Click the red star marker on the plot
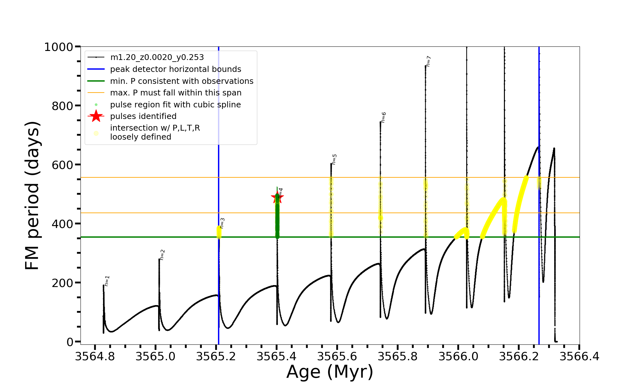tap(277, 197)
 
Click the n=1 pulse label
tap(107, 281)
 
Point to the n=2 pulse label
tap(162, 254)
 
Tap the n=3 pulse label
tap(222, 223)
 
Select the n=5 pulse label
tap(334, 159)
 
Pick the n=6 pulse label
tap(383, 117)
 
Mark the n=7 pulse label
tap(429, 61)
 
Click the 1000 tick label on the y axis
tap(58, 47)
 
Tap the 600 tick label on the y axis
tap(62, 165)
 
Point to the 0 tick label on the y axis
tap(70, 342)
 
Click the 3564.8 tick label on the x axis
tap(95, 357)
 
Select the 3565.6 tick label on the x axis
tap(337, 357)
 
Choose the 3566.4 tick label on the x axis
tap(579, 357)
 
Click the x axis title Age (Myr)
tap(330, 372)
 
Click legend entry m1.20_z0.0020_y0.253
tap(157, 57)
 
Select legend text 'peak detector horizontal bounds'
tap(175, 69)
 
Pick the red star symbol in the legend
tap(96, 116)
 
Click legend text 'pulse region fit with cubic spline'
tap(175, 105)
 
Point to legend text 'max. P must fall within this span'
tap(175, 93)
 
